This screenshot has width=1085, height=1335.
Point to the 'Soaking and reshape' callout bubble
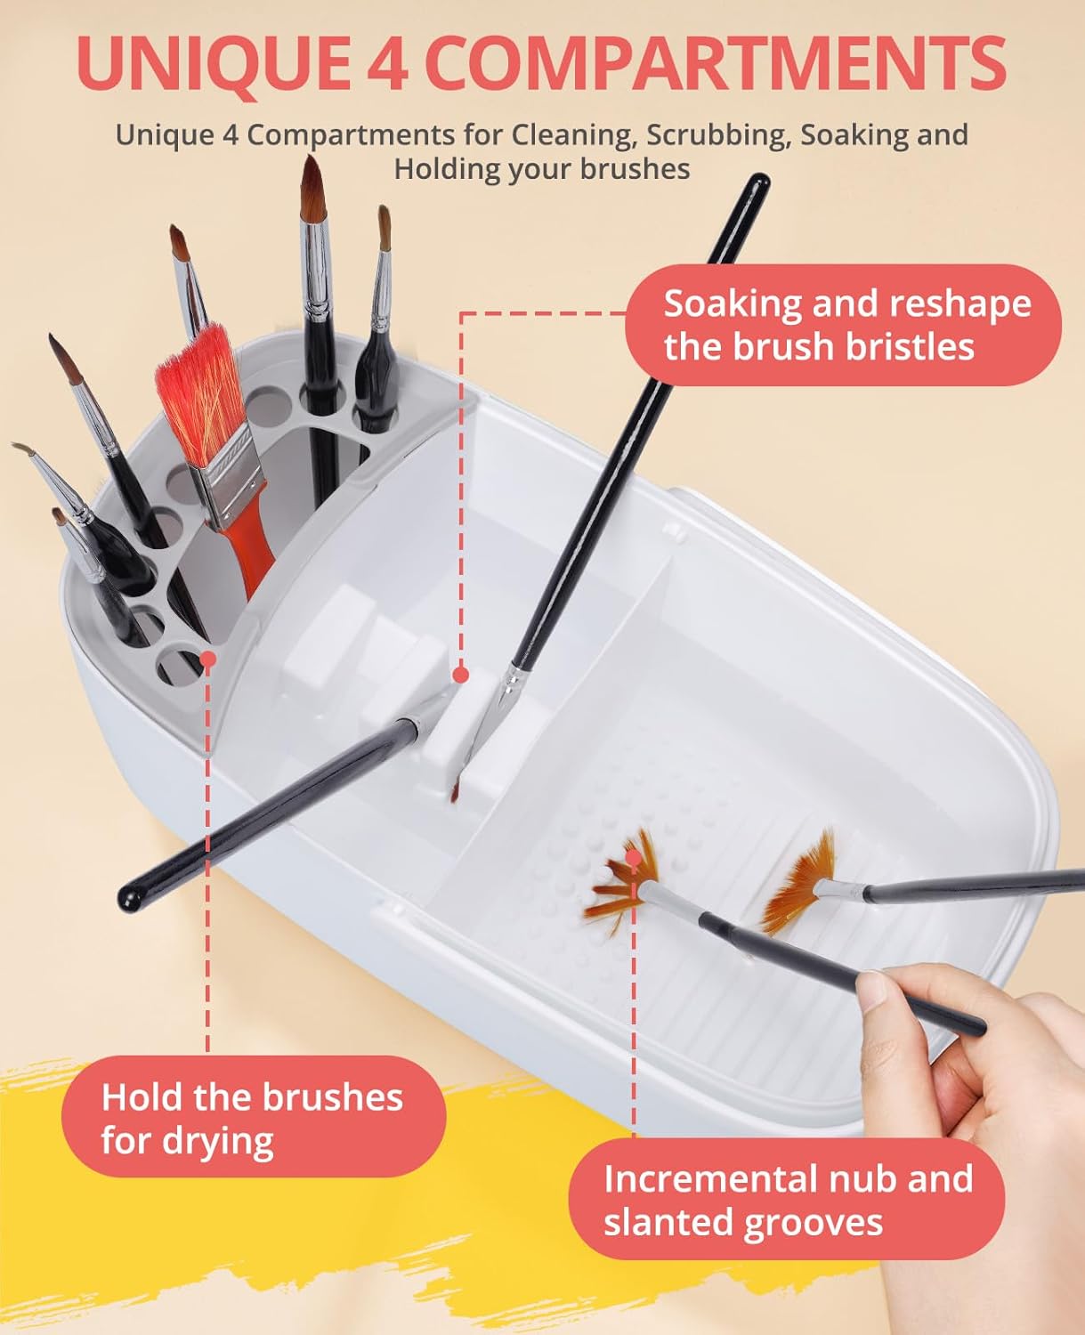tap(843, 325)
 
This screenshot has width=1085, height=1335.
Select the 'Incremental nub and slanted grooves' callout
tap(787, 1200)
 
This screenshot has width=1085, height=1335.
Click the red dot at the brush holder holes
tap(209, 659)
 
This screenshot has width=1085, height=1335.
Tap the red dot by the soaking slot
tap(461, 675)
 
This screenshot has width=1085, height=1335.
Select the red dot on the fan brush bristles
tap(635, 858)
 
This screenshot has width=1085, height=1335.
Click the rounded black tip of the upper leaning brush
tap(759, 183)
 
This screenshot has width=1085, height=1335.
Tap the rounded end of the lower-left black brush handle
tap(129, 899)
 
